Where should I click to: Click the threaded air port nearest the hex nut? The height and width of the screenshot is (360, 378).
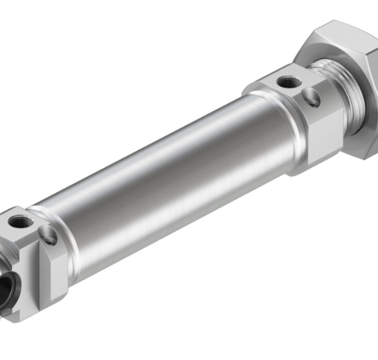tap(289, 81)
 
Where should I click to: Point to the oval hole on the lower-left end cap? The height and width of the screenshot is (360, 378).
tap(48, 235)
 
